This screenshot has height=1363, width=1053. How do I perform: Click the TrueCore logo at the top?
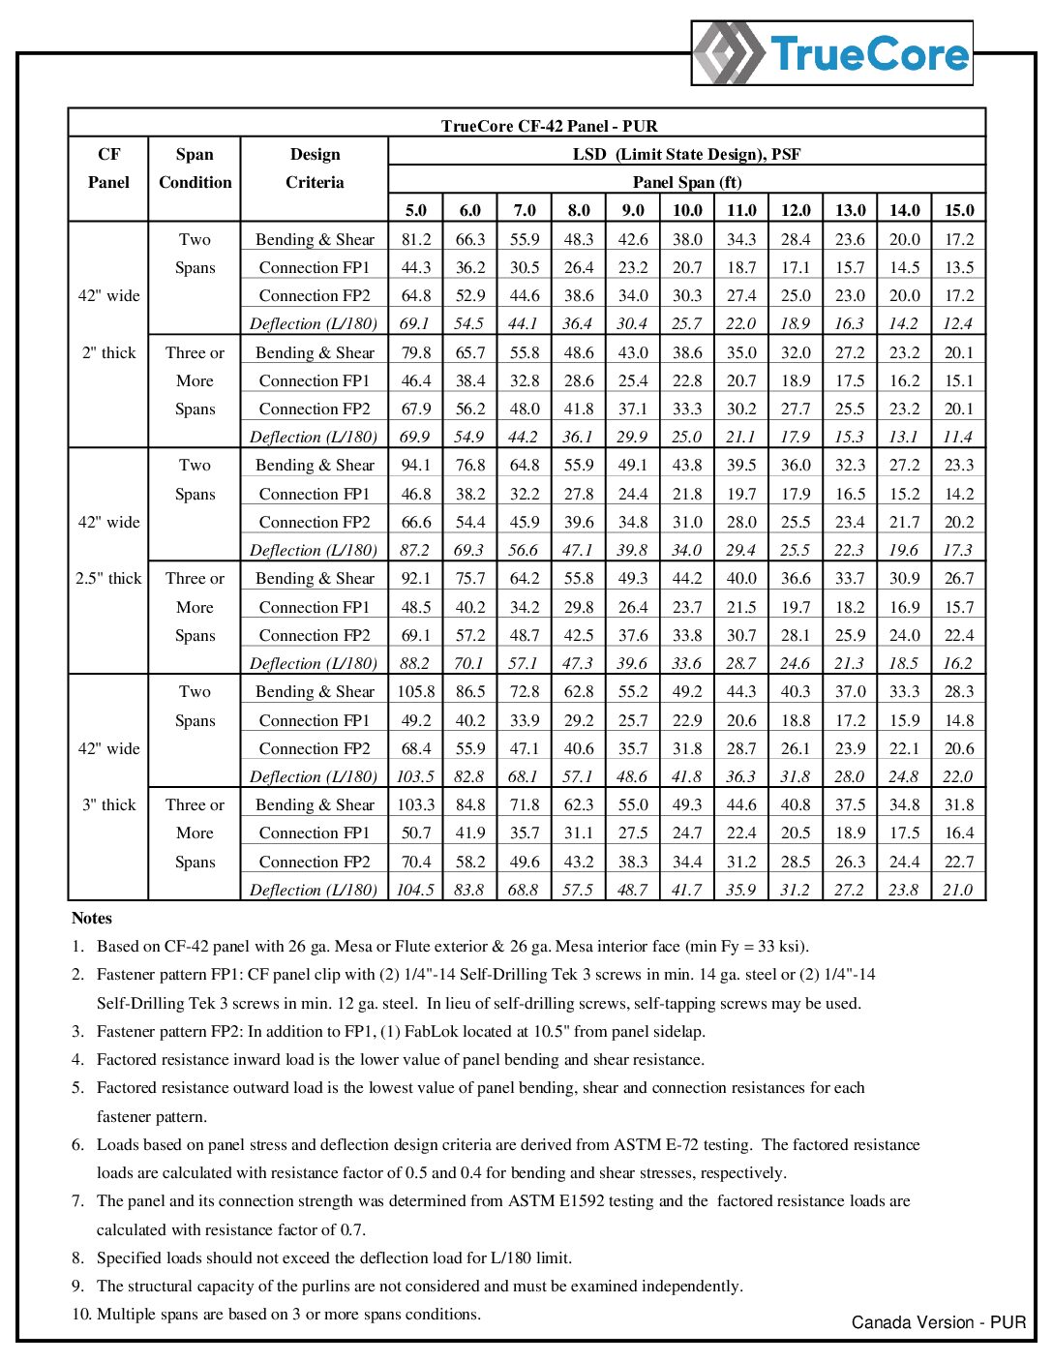coord(832,53)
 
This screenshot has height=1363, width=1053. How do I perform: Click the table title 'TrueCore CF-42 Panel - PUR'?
coord(549,126)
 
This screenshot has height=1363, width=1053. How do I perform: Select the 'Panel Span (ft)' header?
coord(686,182)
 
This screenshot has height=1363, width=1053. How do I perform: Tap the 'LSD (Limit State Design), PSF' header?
coord(686,154)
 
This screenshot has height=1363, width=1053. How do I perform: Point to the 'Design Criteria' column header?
coord(315,167)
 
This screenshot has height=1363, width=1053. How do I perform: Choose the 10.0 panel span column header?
coord(687,210)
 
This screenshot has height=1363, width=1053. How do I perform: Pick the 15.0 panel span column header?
coord(959,210)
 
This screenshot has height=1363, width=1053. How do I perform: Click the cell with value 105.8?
coord(415,691)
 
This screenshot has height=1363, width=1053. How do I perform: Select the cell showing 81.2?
coord(415,239)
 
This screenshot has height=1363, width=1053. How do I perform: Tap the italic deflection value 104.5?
coord(415,890)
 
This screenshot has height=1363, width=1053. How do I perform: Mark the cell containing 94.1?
coord(415,465)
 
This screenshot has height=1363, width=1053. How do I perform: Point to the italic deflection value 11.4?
coord(958,437)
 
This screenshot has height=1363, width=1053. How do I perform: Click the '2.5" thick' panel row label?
coord(108,578)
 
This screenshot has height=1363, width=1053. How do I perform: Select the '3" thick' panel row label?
coord(108,804)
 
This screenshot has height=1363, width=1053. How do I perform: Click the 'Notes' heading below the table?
coord(92,918)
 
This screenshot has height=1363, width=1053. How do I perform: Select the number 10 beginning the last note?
coord(79,1314)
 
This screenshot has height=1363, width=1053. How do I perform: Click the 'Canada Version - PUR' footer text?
coord(938,1322)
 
